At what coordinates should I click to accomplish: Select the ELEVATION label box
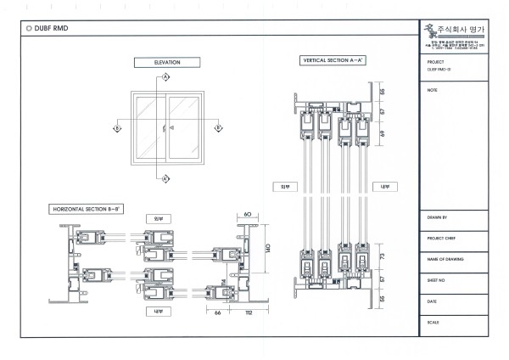(x=166, y=62)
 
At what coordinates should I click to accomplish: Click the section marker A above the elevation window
(x=166, y=77)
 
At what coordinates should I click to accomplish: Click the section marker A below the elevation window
(x=166, y=178)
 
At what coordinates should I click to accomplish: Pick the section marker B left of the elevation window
(x=116, y=128)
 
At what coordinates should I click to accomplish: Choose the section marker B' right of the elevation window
(x=217, y=128)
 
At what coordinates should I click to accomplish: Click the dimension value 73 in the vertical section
(x=383, y=256)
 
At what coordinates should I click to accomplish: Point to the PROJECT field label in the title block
(x=437, y=62)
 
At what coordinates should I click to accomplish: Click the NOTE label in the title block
(x=433, y=89)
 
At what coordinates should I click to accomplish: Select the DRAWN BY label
(x=438, y=217)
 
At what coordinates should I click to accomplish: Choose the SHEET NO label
(x=438, y=278)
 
